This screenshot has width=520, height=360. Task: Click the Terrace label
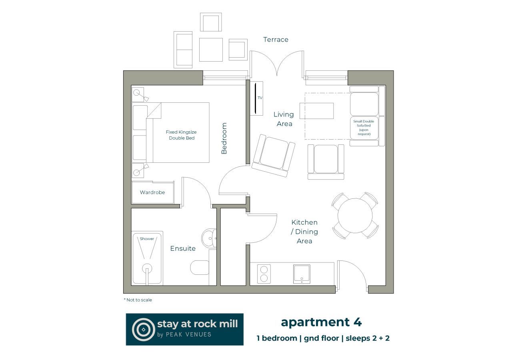coord(276,40)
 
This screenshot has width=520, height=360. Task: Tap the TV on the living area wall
coord(256,98)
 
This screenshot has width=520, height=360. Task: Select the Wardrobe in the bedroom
coord(152,192)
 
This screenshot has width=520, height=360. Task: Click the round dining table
coord(355,216)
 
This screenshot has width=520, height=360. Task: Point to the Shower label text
coord(147,239)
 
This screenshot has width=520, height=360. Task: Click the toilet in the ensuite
coord(200,268)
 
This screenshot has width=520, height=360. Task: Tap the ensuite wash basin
coord(209,239)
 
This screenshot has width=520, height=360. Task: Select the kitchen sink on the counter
coord(302,274)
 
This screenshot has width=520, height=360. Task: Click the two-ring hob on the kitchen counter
coord(264,274)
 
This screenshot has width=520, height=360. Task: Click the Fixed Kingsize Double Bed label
coord(181,135)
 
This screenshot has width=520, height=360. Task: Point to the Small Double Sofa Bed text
coord(364,127)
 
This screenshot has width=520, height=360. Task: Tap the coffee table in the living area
coord(318,111)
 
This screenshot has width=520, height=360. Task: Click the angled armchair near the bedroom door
coord(274,156)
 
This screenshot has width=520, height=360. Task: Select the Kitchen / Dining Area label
coord(304,232)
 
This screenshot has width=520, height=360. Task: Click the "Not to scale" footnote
coord(138,300)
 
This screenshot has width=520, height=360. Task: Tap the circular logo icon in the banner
coord(143,329)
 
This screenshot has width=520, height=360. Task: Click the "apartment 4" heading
coord(321,322)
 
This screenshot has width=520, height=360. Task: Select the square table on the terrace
coord(211,50)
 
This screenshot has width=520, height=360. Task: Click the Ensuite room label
coord(183,248)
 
